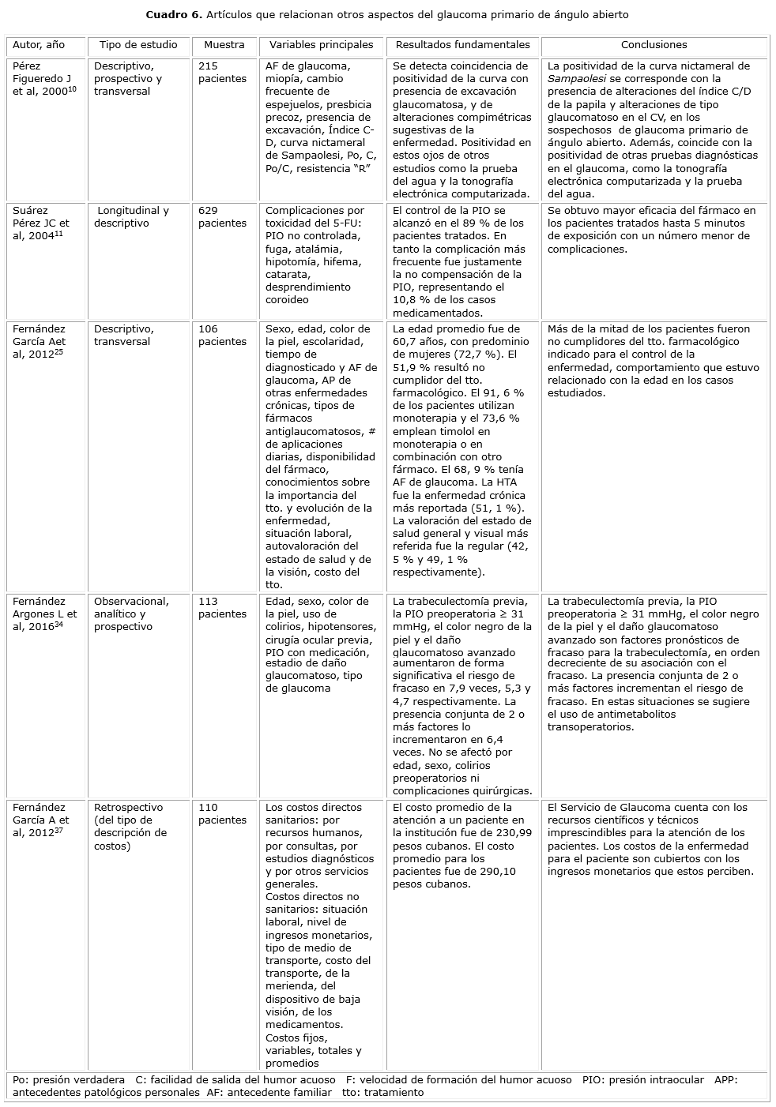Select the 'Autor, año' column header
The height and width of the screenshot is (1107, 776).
point(39,45)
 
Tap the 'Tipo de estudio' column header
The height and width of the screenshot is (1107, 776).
point(138,45)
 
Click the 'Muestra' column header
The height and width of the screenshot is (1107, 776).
point(224,45)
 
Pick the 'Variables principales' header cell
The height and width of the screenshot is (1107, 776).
point(321,45)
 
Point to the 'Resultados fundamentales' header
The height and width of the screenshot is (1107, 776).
point(462,45)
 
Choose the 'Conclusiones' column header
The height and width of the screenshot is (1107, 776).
point(654,45)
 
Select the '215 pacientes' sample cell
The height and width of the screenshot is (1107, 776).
point(222,73)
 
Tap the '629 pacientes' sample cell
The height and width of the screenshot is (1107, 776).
point(222,217)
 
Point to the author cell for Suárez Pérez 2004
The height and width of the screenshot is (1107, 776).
point(41,223)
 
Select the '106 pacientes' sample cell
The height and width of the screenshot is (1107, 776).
point(222,336)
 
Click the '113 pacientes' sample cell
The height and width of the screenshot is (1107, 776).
point(222,608)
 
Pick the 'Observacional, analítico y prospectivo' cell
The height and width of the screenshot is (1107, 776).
point(131,614)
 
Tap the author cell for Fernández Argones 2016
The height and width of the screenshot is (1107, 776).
point(44,614)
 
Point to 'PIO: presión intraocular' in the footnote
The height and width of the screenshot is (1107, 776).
point(642,1080)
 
